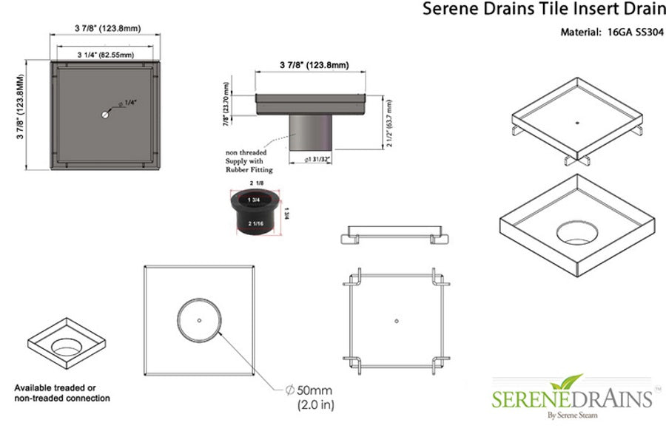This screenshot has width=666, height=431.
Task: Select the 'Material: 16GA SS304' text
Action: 609,32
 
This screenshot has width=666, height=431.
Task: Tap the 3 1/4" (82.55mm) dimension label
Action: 105,55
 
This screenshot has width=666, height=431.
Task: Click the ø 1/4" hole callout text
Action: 129,103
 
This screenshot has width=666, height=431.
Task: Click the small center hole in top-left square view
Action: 105,115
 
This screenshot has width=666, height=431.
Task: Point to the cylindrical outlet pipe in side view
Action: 310,133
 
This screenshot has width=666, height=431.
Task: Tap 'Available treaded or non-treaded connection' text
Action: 62,393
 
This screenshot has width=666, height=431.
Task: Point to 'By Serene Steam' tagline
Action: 571,416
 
